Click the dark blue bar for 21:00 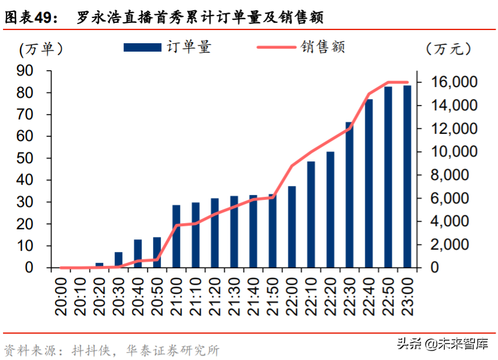tap(176, 236)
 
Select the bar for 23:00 tap(407, 177)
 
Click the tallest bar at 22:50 tap(388, 178)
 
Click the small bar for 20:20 tap(100, 265)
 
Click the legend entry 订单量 tap(168, 47)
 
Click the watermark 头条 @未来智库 tap(442, 344)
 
